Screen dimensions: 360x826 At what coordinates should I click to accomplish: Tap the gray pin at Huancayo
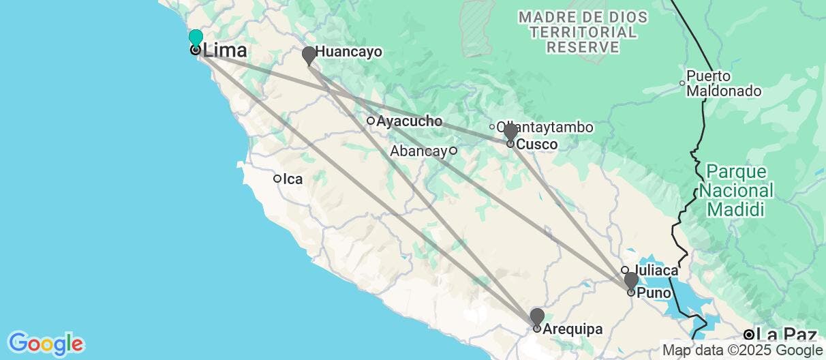point(309,55)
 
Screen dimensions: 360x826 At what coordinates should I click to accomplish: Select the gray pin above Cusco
point(510,132)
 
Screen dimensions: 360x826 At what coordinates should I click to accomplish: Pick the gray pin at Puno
point(631,280)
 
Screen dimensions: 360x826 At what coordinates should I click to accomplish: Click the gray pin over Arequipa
point(537,316)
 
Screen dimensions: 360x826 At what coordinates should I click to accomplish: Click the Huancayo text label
point(348,52)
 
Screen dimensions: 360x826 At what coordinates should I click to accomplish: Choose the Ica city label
point(293,179)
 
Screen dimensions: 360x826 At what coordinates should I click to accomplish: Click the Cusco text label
point(537,145)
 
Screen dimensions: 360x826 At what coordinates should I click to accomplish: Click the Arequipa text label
point(572,329)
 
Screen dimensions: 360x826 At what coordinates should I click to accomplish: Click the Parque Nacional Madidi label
point(739,190)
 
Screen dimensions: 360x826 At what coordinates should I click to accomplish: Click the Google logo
point(45,343)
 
